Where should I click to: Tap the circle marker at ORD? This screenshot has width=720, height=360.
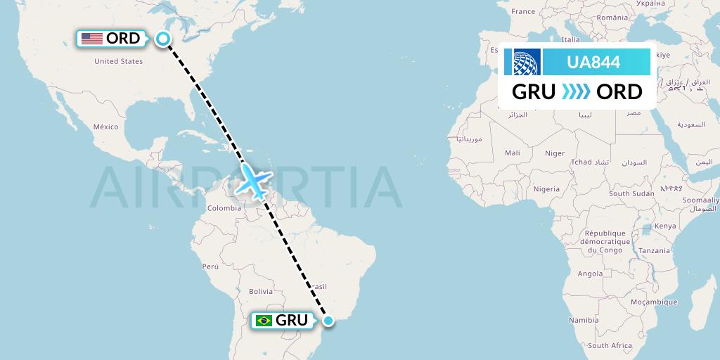[163, 39]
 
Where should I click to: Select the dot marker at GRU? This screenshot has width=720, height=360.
[328, 321]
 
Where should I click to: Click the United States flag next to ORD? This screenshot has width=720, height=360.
[91, 39]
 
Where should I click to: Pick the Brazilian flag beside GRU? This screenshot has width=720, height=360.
[264, 321]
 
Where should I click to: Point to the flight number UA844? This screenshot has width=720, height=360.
[593, 62]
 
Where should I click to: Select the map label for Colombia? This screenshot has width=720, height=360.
[224, 207]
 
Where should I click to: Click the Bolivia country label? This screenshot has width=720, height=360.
[260, 291]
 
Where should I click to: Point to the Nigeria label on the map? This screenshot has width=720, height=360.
[546, 188]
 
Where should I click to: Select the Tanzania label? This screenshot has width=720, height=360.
[655, 251]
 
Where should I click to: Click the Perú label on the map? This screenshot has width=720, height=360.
[211, 266]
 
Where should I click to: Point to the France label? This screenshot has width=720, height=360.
[523, 11]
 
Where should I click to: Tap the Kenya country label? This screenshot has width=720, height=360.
[664, 226]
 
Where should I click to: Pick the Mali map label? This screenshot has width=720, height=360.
[513, 153]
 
